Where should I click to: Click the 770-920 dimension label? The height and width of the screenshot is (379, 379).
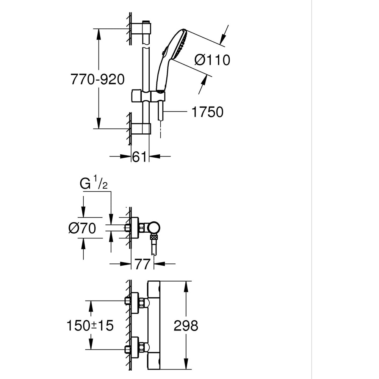click(x=97, y=80)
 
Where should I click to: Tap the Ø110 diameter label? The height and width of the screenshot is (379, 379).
click(x=212, y=60)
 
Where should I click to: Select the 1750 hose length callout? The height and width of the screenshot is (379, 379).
click(x=207, y=112)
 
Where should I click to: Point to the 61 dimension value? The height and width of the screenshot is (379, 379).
click(x=139, y=157)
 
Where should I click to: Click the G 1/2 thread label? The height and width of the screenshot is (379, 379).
click(x=92, y=185)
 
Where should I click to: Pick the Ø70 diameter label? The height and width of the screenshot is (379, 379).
click(x=82, y=228)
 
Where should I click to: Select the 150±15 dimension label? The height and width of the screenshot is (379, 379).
click(x=90, y=326)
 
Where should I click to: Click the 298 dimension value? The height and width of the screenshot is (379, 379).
click(x=186, y=326)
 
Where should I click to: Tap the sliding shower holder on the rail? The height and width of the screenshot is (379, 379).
click(x=148, y=96)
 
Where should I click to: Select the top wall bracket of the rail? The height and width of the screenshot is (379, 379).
click(x=141, y=28)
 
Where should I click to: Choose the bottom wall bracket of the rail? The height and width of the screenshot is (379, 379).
click(x=141, y=129)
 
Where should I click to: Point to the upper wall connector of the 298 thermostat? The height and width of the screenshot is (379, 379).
click(x=135, y=302)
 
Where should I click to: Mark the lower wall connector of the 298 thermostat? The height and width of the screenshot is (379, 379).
click(x=135, y=346)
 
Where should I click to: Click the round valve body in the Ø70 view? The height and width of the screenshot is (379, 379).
click(x=154, y=227)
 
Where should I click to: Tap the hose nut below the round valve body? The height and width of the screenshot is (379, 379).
click(x=153, y=238)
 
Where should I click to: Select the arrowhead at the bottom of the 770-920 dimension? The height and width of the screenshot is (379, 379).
click(x=98, y=123)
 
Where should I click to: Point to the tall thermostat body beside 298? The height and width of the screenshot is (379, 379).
click(x=154, y=325)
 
